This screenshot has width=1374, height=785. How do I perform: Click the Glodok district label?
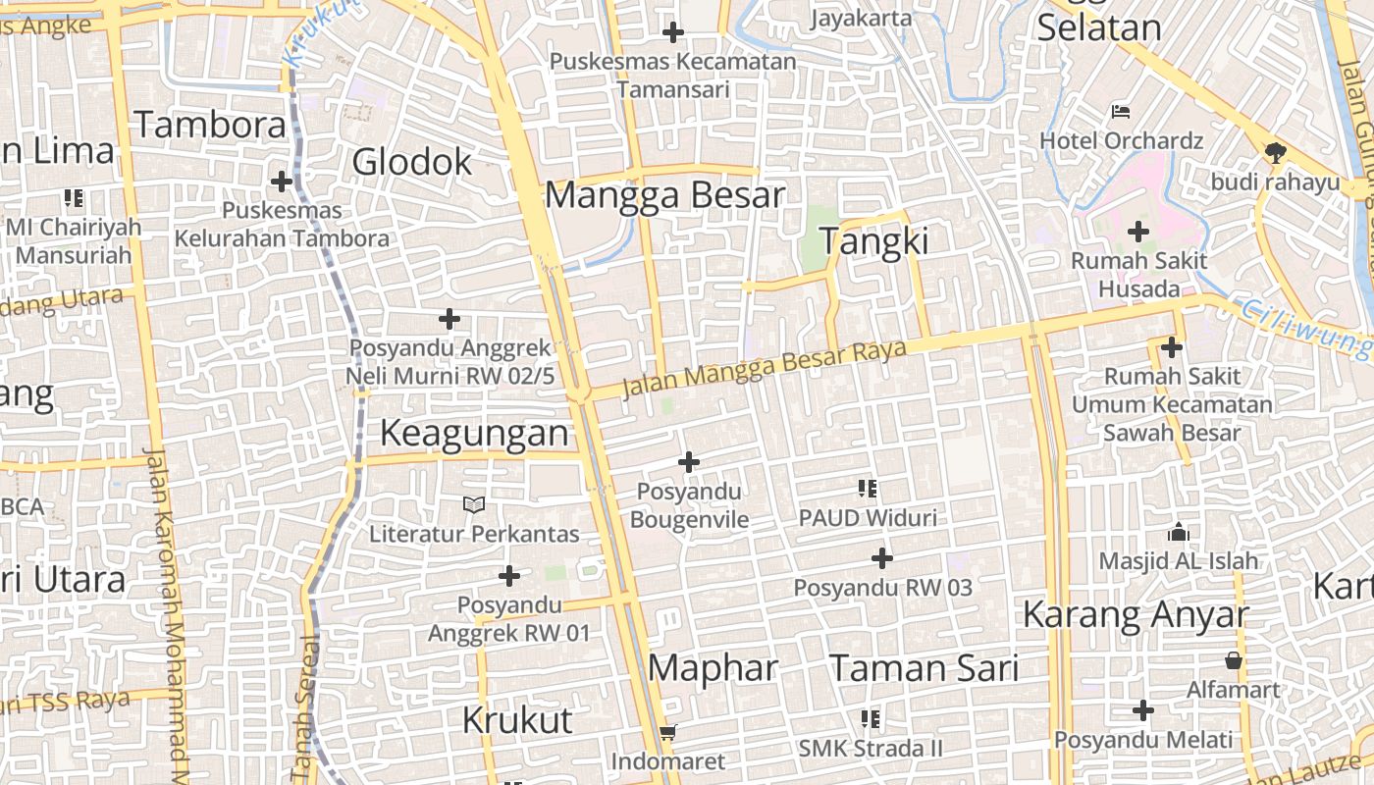coord(412,162)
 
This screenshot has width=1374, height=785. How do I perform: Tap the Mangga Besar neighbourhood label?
coord(664,194)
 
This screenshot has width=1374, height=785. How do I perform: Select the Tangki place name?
coord(872,241)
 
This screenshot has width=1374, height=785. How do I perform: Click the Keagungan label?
coord(474,433)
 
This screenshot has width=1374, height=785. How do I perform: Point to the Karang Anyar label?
coord(1136,615)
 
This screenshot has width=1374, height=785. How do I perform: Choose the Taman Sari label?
coord(924,668)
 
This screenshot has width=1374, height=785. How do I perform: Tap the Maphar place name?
coord(713,668)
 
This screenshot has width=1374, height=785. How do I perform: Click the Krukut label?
coord(517,720)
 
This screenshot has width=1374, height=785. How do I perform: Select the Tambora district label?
coord(209,125)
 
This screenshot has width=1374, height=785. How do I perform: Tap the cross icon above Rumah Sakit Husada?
coord(1138,233)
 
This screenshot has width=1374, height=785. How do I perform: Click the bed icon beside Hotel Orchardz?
coord(1121,112)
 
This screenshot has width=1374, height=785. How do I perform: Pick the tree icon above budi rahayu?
coord(1275,152)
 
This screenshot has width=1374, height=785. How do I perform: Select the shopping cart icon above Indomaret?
coord(668,732)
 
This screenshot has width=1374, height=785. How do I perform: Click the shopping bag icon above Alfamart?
coord(1234,660)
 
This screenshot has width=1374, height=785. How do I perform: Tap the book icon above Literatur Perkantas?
coord(474,505)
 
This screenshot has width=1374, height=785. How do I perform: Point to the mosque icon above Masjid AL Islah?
coord(1178,533)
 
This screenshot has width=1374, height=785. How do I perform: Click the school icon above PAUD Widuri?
coord(868,488)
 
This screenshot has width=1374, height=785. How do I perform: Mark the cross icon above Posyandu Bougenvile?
coord(689,461)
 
